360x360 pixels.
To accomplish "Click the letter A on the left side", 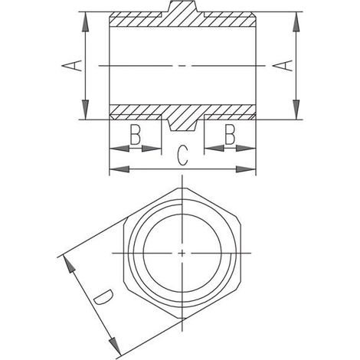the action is [72, 65].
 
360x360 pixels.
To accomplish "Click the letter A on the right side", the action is [283, 65].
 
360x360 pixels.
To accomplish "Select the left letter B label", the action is [135, 135].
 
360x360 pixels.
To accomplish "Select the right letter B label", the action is [230, 135].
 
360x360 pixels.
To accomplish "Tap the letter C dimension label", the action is [183, 155].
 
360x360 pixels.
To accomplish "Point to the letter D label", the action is [103, 297].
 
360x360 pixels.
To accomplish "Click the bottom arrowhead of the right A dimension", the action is [296, 110].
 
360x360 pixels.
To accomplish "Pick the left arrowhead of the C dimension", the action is [119, 169].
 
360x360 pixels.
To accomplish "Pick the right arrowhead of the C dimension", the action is [246, 169].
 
